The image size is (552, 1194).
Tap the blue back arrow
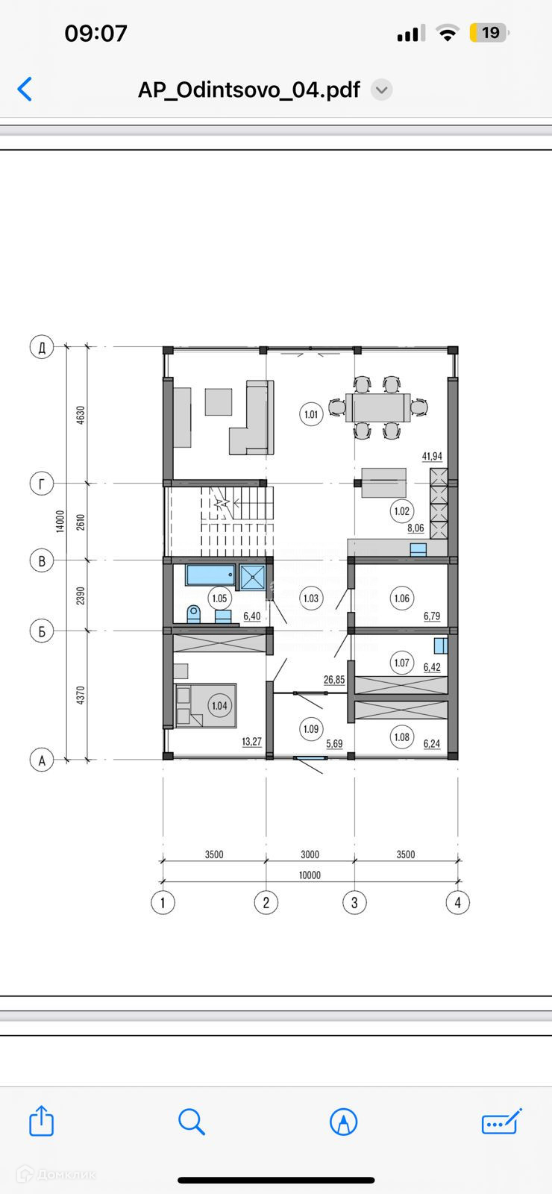25,89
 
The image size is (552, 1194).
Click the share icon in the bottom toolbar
41,1120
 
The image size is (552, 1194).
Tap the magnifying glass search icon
191,1122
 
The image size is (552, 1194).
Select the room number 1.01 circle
311,414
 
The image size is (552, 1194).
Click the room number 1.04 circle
219,706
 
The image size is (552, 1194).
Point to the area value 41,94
432,456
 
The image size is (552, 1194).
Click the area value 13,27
251,742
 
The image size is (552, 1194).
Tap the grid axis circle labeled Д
42,347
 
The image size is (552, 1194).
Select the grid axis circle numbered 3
354,902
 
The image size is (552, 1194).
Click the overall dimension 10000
310,875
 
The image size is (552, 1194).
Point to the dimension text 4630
81,415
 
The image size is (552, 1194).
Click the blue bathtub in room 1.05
210,575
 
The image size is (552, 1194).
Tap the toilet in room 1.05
193,614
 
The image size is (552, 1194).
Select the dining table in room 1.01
377,407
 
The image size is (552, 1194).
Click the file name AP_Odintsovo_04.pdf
249,90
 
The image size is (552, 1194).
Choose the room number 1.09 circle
311,728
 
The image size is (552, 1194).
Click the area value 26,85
334,680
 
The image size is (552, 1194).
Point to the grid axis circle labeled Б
42,631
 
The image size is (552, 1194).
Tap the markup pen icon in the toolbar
344,1122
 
